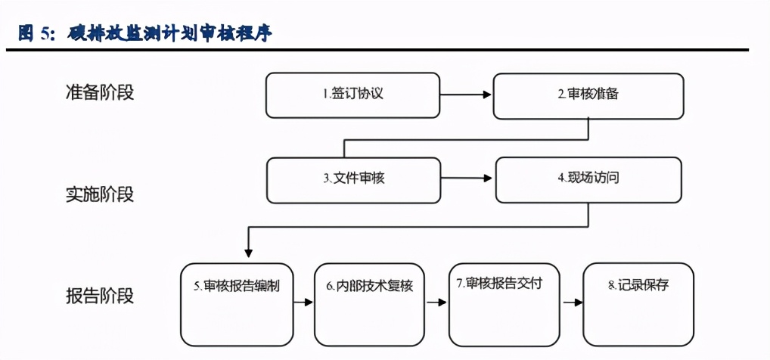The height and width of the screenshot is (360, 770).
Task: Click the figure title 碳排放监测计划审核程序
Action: [x=170, y=33]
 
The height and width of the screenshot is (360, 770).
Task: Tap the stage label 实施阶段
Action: [x=99, y=194]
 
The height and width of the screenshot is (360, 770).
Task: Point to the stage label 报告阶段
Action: [x=99, y=295]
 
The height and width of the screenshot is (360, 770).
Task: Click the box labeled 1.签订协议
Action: [x=352, y=95]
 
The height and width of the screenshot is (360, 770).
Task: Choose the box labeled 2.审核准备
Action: [x=588, y=95]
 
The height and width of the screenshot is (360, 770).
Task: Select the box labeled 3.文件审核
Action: [x=353, y=179]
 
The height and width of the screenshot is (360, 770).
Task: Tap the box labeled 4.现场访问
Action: [x=589, y=179]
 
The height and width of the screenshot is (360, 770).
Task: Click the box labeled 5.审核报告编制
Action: [x=237, y=303]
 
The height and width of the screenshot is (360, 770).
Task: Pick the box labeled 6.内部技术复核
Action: [x=370, y=303]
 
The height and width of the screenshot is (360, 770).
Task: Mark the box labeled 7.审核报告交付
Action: [x=504, y=303]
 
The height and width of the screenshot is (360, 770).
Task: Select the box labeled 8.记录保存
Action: [x=638, y=303]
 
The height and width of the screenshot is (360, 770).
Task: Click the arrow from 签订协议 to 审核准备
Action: [x=466, y=95]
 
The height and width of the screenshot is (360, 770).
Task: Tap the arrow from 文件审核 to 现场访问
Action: [x=467, y=179]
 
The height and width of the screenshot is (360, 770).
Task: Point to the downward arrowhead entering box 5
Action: [x=248, y=254]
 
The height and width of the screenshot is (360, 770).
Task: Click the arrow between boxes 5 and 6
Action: [x=303, y=303]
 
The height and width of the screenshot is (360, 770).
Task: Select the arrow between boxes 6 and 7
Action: [x=436, y=303]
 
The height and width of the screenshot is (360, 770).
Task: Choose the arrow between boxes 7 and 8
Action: [x=572, y=303]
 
